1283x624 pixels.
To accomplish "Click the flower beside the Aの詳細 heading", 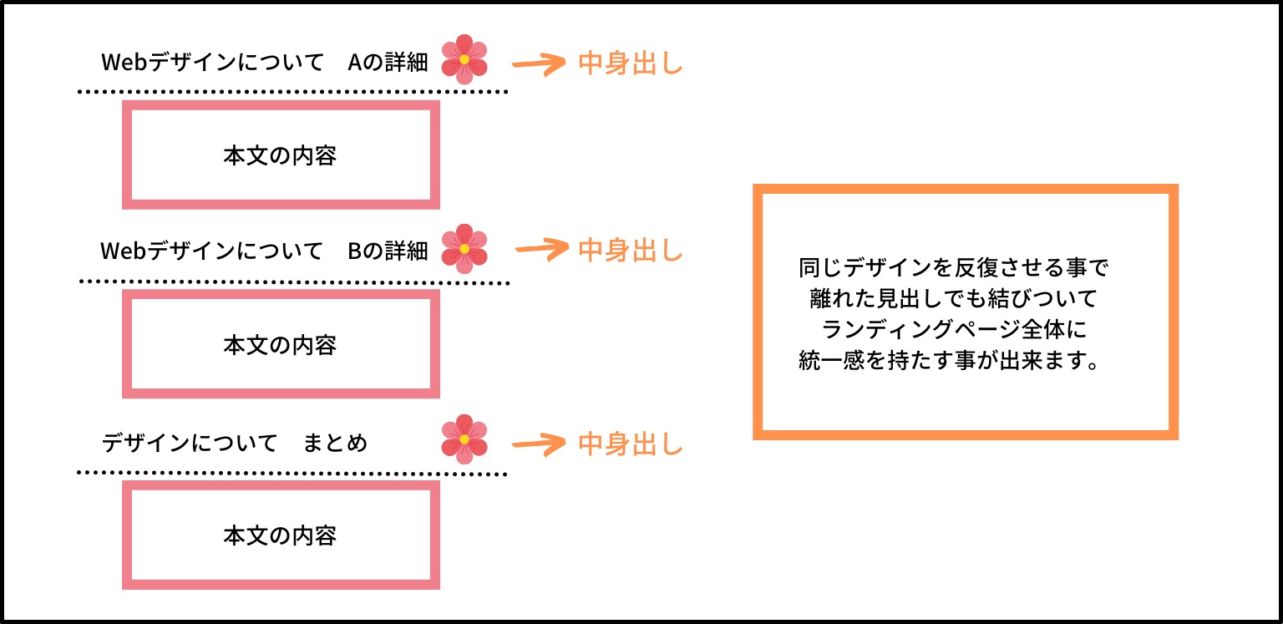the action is pyautogui.click(x=464, y=59).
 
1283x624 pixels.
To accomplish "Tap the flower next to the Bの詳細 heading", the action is pyautogui.click(x=464, y=249).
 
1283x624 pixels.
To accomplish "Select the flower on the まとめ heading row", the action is pyautogui.click(x=464, y=439).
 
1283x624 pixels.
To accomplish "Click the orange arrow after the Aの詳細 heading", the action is pyautogui.click(x=539, y=64).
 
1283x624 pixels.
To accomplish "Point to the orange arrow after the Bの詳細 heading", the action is pyautogui.click(x=541, y=250).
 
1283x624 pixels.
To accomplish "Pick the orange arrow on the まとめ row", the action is pyautogui.click(x=539, y=444).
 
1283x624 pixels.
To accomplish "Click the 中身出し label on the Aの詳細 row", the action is pyautogui.click(x=631, y=63).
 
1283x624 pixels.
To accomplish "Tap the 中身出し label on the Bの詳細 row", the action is pyautogui.click(x=631, y=251).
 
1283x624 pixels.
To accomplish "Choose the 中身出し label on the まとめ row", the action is pyautogui.click(x=631, y=444).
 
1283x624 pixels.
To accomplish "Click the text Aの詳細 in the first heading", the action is pyautogui.click(x=388, y=63).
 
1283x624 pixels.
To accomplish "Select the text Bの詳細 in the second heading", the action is pyautogui.click(x=388, y=251).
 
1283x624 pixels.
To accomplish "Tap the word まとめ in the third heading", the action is pyautogui.click(x=335, y=443).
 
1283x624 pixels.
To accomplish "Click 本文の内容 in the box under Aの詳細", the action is pyautogui.click(x=280, y=155).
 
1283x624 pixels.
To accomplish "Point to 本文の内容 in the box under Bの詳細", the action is pyautogui.click(x=280, y=345).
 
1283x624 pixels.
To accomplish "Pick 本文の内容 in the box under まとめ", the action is pyautogui.click(x=280, y=535).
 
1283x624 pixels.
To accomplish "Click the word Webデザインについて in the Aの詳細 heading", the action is pyautogui.click(x=212, y=63).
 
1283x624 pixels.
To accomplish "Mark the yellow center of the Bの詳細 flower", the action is pyautogui.click(x=464, y=249).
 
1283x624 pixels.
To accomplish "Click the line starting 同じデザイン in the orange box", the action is pyautogui.click(x=954, y=267).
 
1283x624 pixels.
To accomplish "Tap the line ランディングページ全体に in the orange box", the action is pyautogui.click(x=954, y=329).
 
